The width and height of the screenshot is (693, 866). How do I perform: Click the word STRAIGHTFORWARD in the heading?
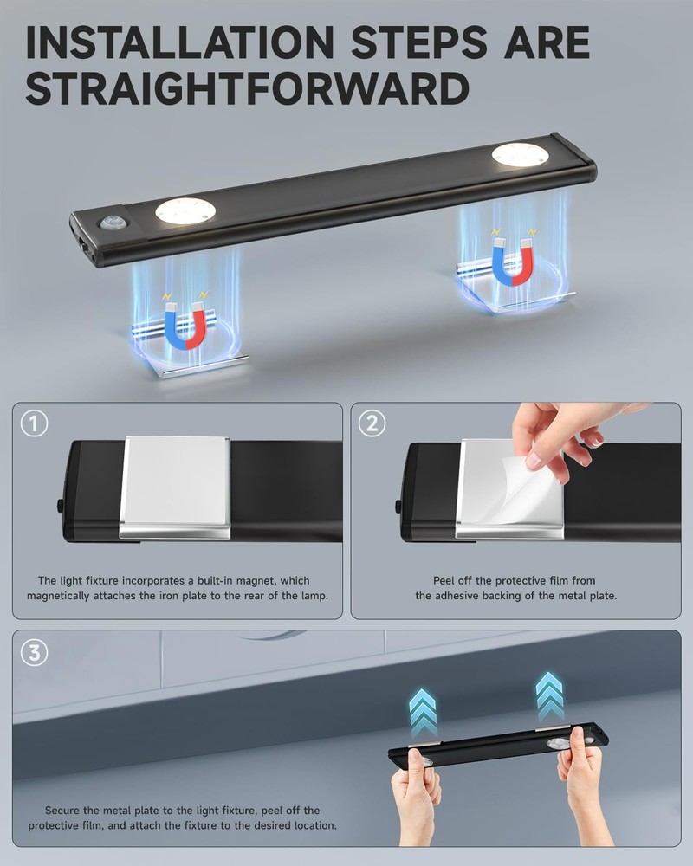tap(247, 89)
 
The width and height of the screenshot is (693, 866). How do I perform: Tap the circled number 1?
tap(33, 423)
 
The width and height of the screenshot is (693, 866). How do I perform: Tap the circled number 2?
tap(372, 423)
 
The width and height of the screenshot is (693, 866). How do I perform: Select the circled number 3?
tap(33, 652)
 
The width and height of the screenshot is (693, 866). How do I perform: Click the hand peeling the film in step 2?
tap(563, 433)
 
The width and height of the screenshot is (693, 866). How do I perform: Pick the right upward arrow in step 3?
tap(549, 694)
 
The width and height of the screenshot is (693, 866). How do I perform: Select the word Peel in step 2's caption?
tap(447, 580)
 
